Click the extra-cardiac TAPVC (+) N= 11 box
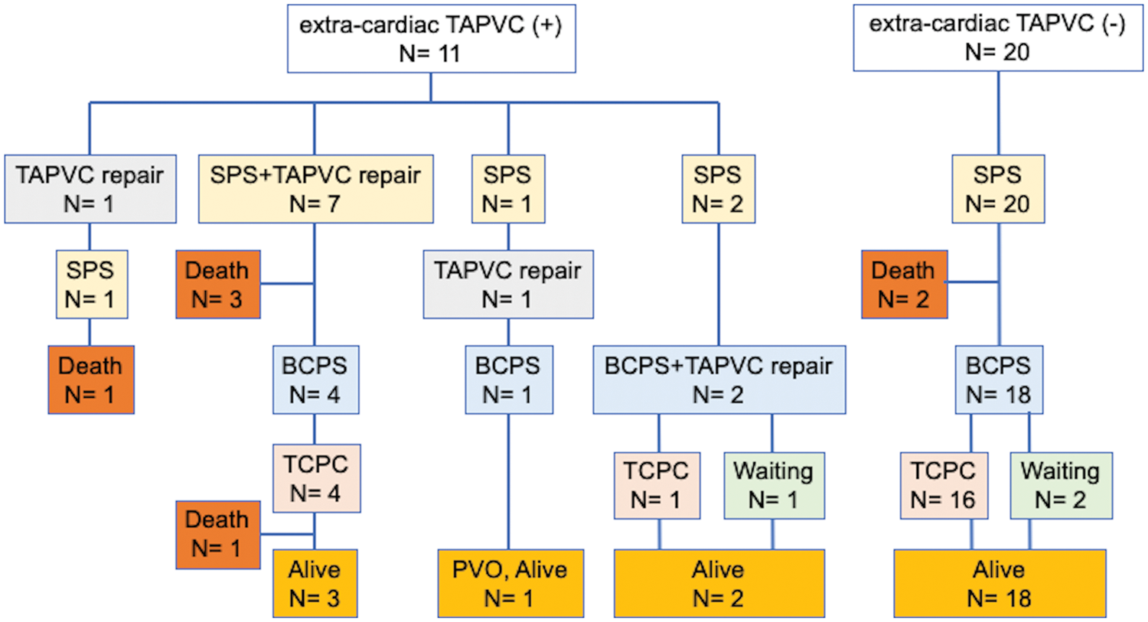[432, 38]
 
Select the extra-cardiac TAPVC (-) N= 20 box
[998, 37]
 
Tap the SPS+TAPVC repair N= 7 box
[315, 189]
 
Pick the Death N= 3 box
[218, 285]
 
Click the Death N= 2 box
[905, 285]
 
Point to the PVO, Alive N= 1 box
[510, 584]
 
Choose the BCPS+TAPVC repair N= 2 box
[719, 379]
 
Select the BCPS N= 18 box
[999, 379]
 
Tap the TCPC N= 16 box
[944, 486]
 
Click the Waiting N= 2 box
[1062, 486]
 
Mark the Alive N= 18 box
[1000, 584]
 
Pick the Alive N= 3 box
[315, 584]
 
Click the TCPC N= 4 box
[317, 478]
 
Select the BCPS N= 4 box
[315, 379]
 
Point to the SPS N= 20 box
[998, 189]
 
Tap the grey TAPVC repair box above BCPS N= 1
[508, 285]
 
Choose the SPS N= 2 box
[719, 189]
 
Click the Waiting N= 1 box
[775, 486]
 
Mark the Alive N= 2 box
[719, 584]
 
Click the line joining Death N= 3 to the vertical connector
[288, 283]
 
